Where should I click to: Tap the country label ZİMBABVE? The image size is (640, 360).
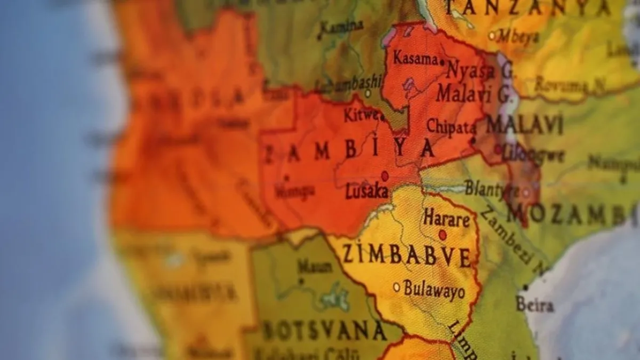click(407, 255)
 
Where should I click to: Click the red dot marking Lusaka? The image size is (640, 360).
click(385, 175)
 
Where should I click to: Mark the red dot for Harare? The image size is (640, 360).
click(443, 235)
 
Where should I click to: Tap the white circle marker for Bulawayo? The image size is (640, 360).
click(396, 287)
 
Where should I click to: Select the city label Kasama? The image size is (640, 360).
click(415, 58)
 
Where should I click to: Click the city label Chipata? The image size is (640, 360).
click(451, 127)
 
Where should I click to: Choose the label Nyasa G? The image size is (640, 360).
click(479, 69)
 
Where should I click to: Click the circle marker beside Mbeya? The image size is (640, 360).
click(492, 36)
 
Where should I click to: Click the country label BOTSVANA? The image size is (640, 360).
click(324, 331)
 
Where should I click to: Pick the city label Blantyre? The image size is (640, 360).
click(491, 188)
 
